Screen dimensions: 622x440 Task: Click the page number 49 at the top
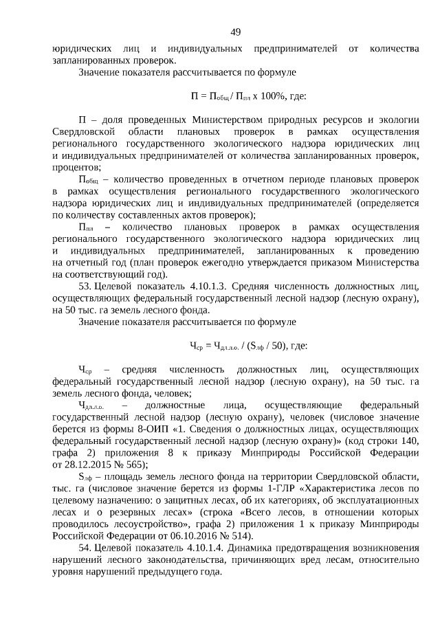pyautogui.click(x=235, y=32)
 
